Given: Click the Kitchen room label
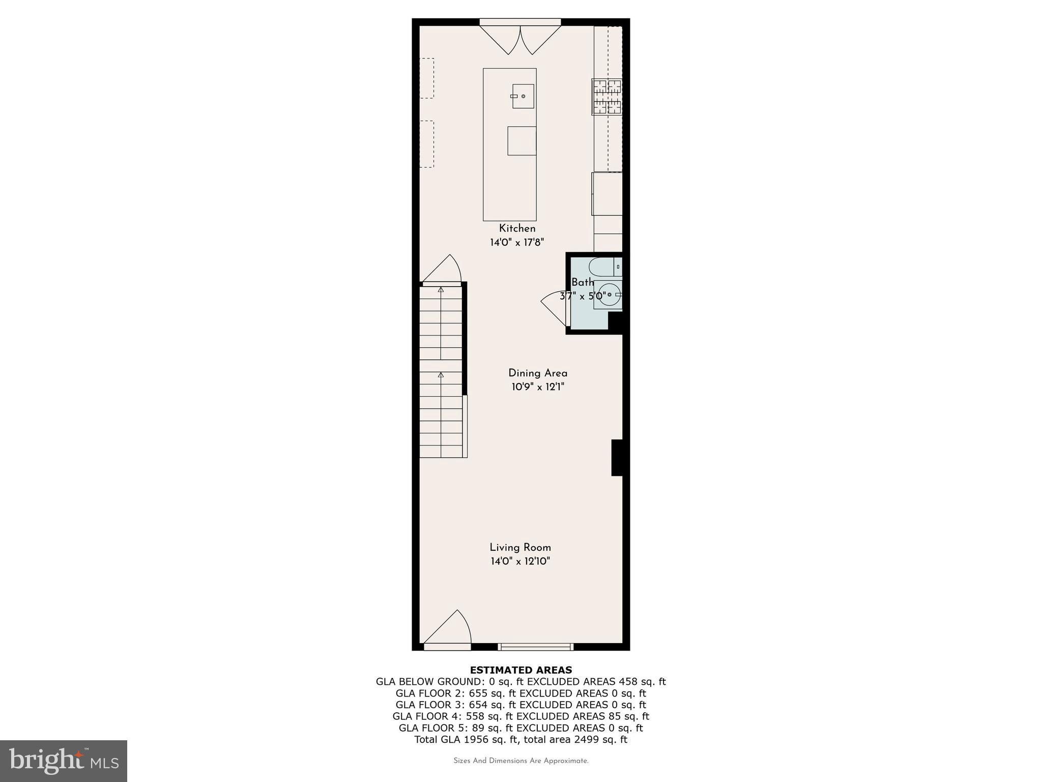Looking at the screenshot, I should (517, 229).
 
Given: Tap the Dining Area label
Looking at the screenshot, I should (538, 373).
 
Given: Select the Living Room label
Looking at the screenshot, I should (520, 548).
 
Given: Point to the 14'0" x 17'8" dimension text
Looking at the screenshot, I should (517, 242).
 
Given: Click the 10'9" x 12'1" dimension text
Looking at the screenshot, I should (538, 387).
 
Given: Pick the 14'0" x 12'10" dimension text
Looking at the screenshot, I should (520, 562).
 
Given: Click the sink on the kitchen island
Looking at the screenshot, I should (523, 96).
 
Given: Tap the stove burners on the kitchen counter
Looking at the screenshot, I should (607, 97).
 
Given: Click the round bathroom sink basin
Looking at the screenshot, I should (609, 295).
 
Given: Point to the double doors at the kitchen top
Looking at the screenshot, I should (520, 38).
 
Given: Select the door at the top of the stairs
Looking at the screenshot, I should (442, 270).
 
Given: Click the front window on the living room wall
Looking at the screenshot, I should (535, 647).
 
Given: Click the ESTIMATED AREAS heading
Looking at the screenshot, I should (520, 670).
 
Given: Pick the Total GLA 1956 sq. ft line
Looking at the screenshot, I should (520, 739).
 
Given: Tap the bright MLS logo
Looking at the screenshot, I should (64, 761).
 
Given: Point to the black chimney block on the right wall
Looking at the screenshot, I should (617, 458).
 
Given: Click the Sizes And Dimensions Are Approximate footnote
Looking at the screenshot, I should (520, 761).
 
